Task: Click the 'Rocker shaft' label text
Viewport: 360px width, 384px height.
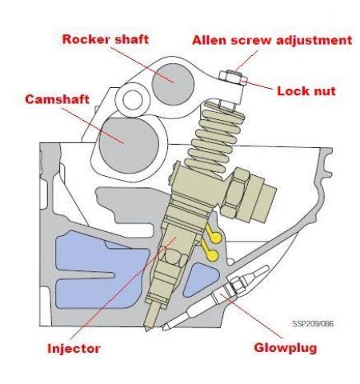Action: click(106, 39)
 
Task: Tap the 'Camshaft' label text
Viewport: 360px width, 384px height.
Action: click(57, 99)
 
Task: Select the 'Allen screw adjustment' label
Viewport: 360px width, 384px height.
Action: click(272, 40)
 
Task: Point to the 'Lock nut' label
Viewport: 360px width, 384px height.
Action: click(306, 91)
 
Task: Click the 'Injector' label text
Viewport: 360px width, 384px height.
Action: click(74, 349)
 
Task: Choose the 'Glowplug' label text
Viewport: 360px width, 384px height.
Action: click(286, 348)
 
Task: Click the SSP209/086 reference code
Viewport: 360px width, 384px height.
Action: click(313, 323)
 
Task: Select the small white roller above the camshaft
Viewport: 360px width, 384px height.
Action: click(133, 100)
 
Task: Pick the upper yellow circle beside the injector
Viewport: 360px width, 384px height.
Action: click(215, 238)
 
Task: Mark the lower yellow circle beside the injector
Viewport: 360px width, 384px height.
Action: click(213, 255)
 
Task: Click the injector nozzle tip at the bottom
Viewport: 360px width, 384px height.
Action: click(146, 330)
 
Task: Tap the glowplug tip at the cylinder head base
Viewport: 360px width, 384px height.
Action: click(164, 328)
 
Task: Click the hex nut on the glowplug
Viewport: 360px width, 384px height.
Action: click(238, 286)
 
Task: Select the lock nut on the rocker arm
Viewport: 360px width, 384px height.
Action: click(233, 78)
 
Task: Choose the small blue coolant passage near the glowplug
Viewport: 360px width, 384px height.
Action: click(201, 280)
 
